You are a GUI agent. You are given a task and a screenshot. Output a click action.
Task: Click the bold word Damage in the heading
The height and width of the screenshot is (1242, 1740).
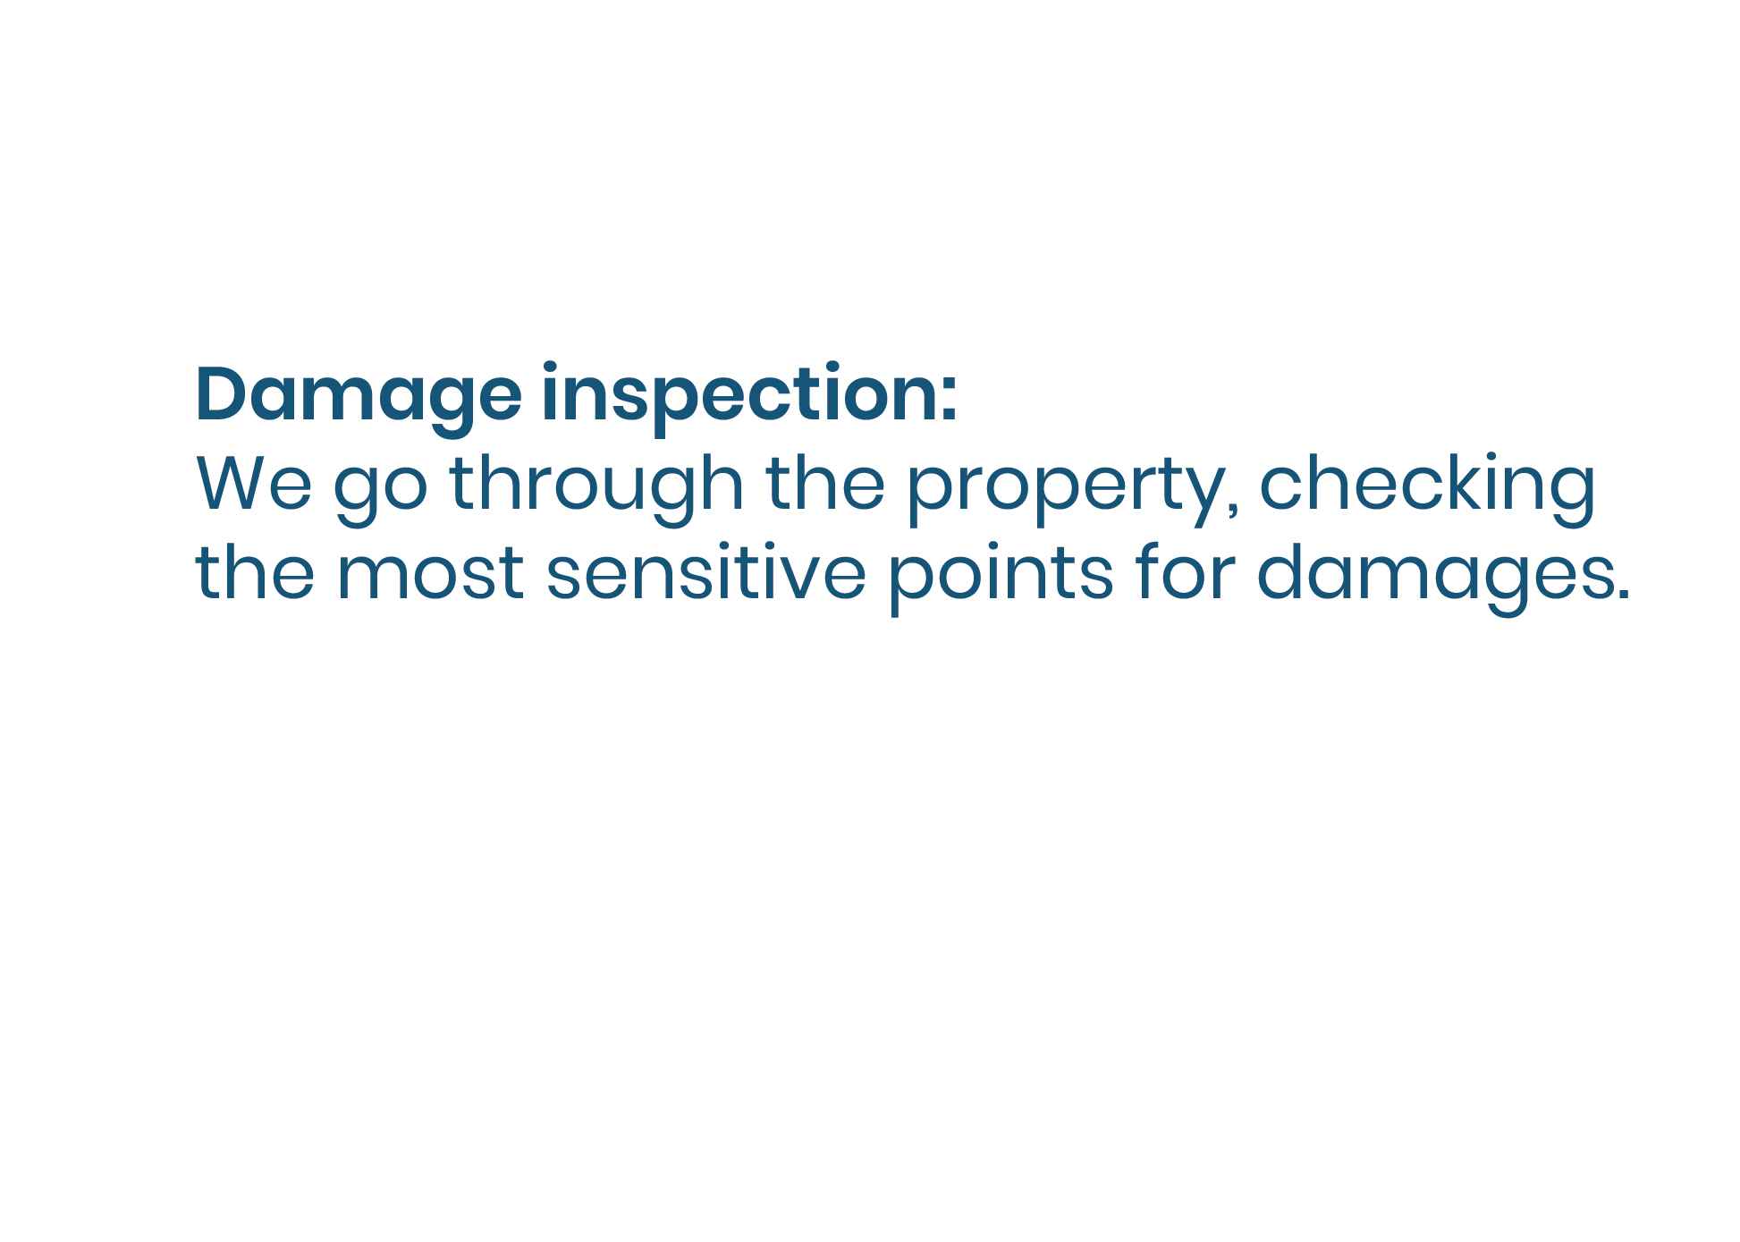coord(359,399)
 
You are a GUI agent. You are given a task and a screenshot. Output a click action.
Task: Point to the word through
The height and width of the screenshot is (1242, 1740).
coord(596,489)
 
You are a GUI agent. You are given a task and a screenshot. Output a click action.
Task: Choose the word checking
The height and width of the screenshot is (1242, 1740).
coord(1427,489)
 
